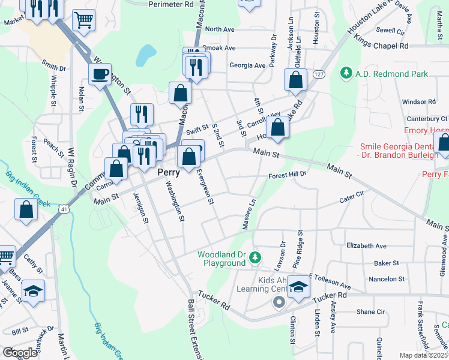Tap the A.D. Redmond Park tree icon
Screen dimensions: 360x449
pos(346,74)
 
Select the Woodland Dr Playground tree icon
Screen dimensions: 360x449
pos(255,258)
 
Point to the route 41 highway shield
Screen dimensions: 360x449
pos(63,209)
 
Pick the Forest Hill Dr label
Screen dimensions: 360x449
pos(288,175)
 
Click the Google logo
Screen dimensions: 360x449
pos(20,352)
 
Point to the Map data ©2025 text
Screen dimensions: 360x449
pos(424,355)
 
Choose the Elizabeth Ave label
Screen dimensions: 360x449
pos(366,245)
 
